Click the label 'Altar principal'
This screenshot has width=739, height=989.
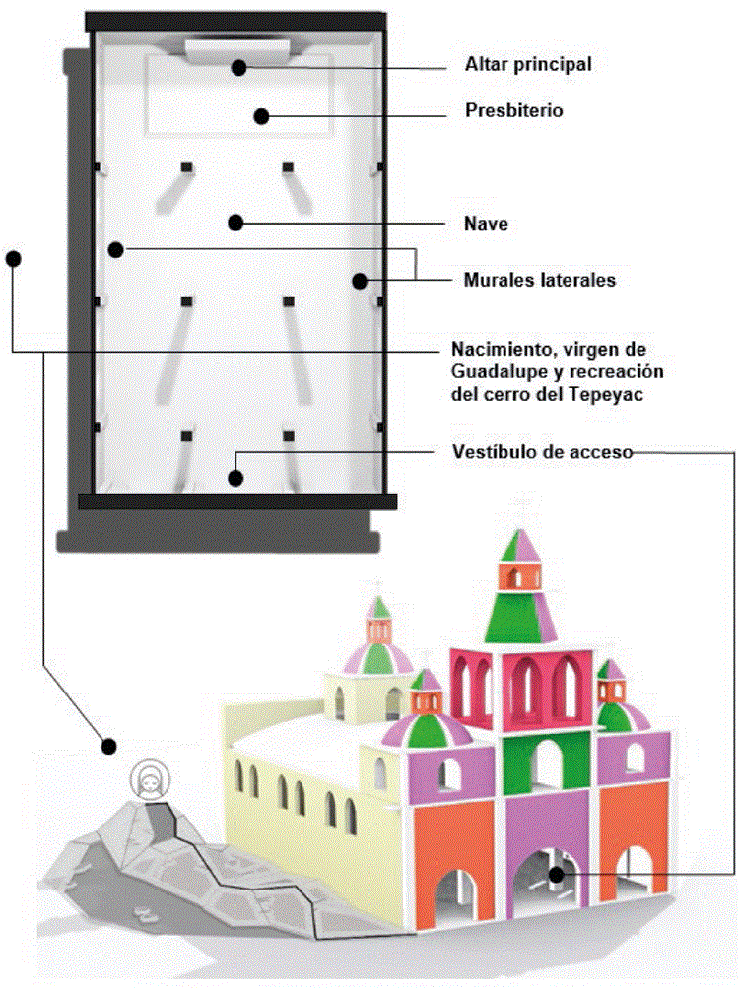tap(528, 66)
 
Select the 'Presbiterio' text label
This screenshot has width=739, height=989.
tap(513, 110)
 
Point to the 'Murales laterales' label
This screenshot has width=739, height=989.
tap(539, 280)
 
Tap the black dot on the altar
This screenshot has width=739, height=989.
tap(238, 67)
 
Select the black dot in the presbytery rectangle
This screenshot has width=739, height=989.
tap(261, 116)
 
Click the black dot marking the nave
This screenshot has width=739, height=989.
tap(235, 222)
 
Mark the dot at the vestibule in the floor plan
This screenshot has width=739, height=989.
tap(235, 479)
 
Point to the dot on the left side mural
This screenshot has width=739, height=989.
tap(116, 249)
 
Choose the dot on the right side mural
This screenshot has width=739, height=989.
tap(361, 281)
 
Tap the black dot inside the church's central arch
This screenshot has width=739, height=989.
tap(557, 873)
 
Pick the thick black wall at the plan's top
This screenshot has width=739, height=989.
tap(235, 21)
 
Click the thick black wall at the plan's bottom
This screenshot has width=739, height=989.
tap(236, 501)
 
